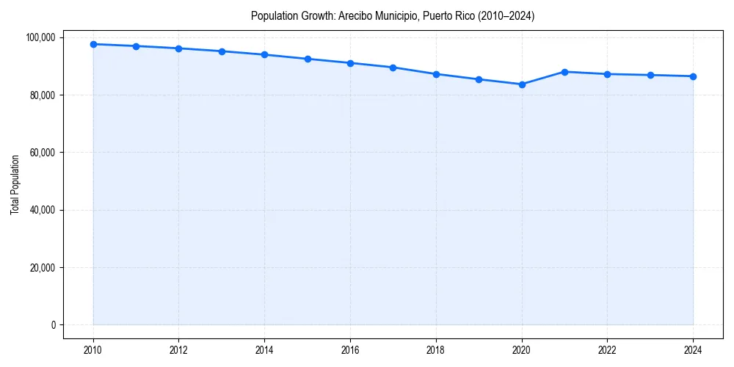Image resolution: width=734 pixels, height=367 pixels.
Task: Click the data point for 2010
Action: (x=93, y=44)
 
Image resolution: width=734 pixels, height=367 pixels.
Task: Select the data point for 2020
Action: (x=522, y=84)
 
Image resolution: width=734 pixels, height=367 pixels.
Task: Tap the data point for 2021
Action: (x=564, y=72)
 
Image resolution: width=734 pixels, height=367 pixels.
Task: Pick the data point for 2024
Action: (x=693, y=76)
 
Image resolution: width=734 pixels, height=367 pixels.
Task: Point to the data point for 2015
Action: (x=308, y=59)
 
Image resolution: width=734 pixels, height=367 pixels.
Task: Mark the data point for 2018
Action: (x=436, y=74)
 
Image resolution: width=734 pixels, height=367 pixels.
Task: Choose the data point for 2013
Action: (x=222, y=51)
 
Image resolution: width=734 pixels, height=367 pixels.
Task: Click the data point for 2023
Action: (x=650, y=75)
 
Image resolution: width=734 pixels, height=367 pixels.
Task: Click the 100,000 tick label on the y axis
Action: (x=41, y=37)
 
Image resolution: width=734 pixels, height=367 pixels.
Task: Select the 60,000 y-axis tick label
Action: (x=43, y=153)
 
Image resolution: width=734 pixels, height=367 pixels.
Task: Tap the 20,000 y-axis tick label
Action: (x=43, y=267)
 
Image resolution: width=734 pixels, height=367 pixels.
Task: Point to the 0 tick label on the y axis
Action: (x=54, y=325)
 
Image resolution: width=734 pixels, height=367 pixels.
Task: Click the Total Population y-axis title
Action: (x=15, y=184)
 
